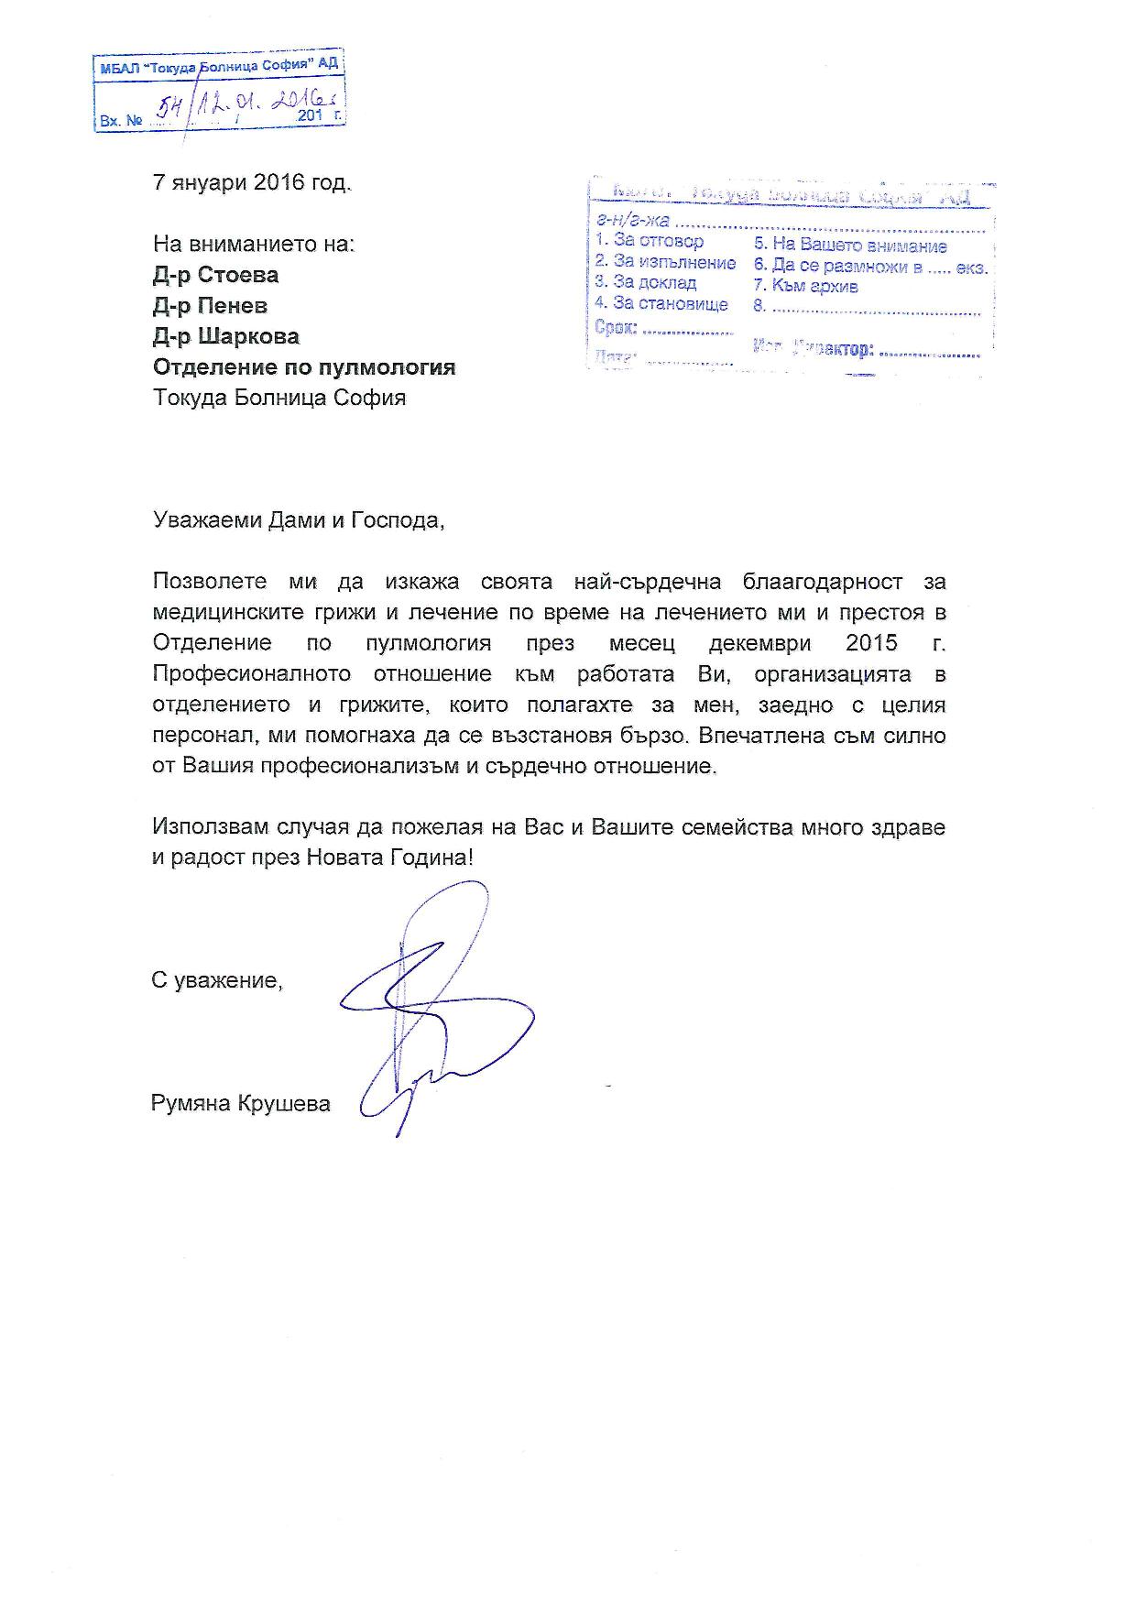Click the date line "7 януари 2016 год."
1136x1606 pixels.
(251, 182)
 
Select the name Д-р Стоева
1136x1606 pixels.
(216, 275)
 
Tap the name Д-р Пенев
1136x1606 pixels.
(210, 306)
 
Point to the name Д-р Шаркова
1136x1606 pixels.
(225, 336)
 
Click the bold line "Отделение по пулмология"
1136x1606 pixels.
(303, 367)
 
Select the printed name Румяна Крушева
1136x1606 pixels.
(240, 1104)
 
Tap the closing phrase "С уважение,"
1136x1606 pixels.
(217, 980)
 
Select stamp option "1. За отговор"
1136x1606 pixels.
(650, 241)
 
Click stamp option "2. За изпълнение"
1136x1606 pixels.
(665, 263)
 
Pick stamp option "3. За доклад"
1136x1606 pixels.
(646, 283)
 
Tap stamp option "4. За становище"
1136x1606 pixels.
(661, 304)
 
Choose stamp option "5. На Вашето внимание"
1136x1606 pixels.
(850, 246)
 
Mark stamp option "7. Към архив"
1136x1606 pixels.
(806, 286)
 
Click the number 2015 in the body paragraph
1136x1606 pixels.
(872, 642)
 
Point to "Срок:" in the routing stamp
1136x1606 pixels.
(616, 327)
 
